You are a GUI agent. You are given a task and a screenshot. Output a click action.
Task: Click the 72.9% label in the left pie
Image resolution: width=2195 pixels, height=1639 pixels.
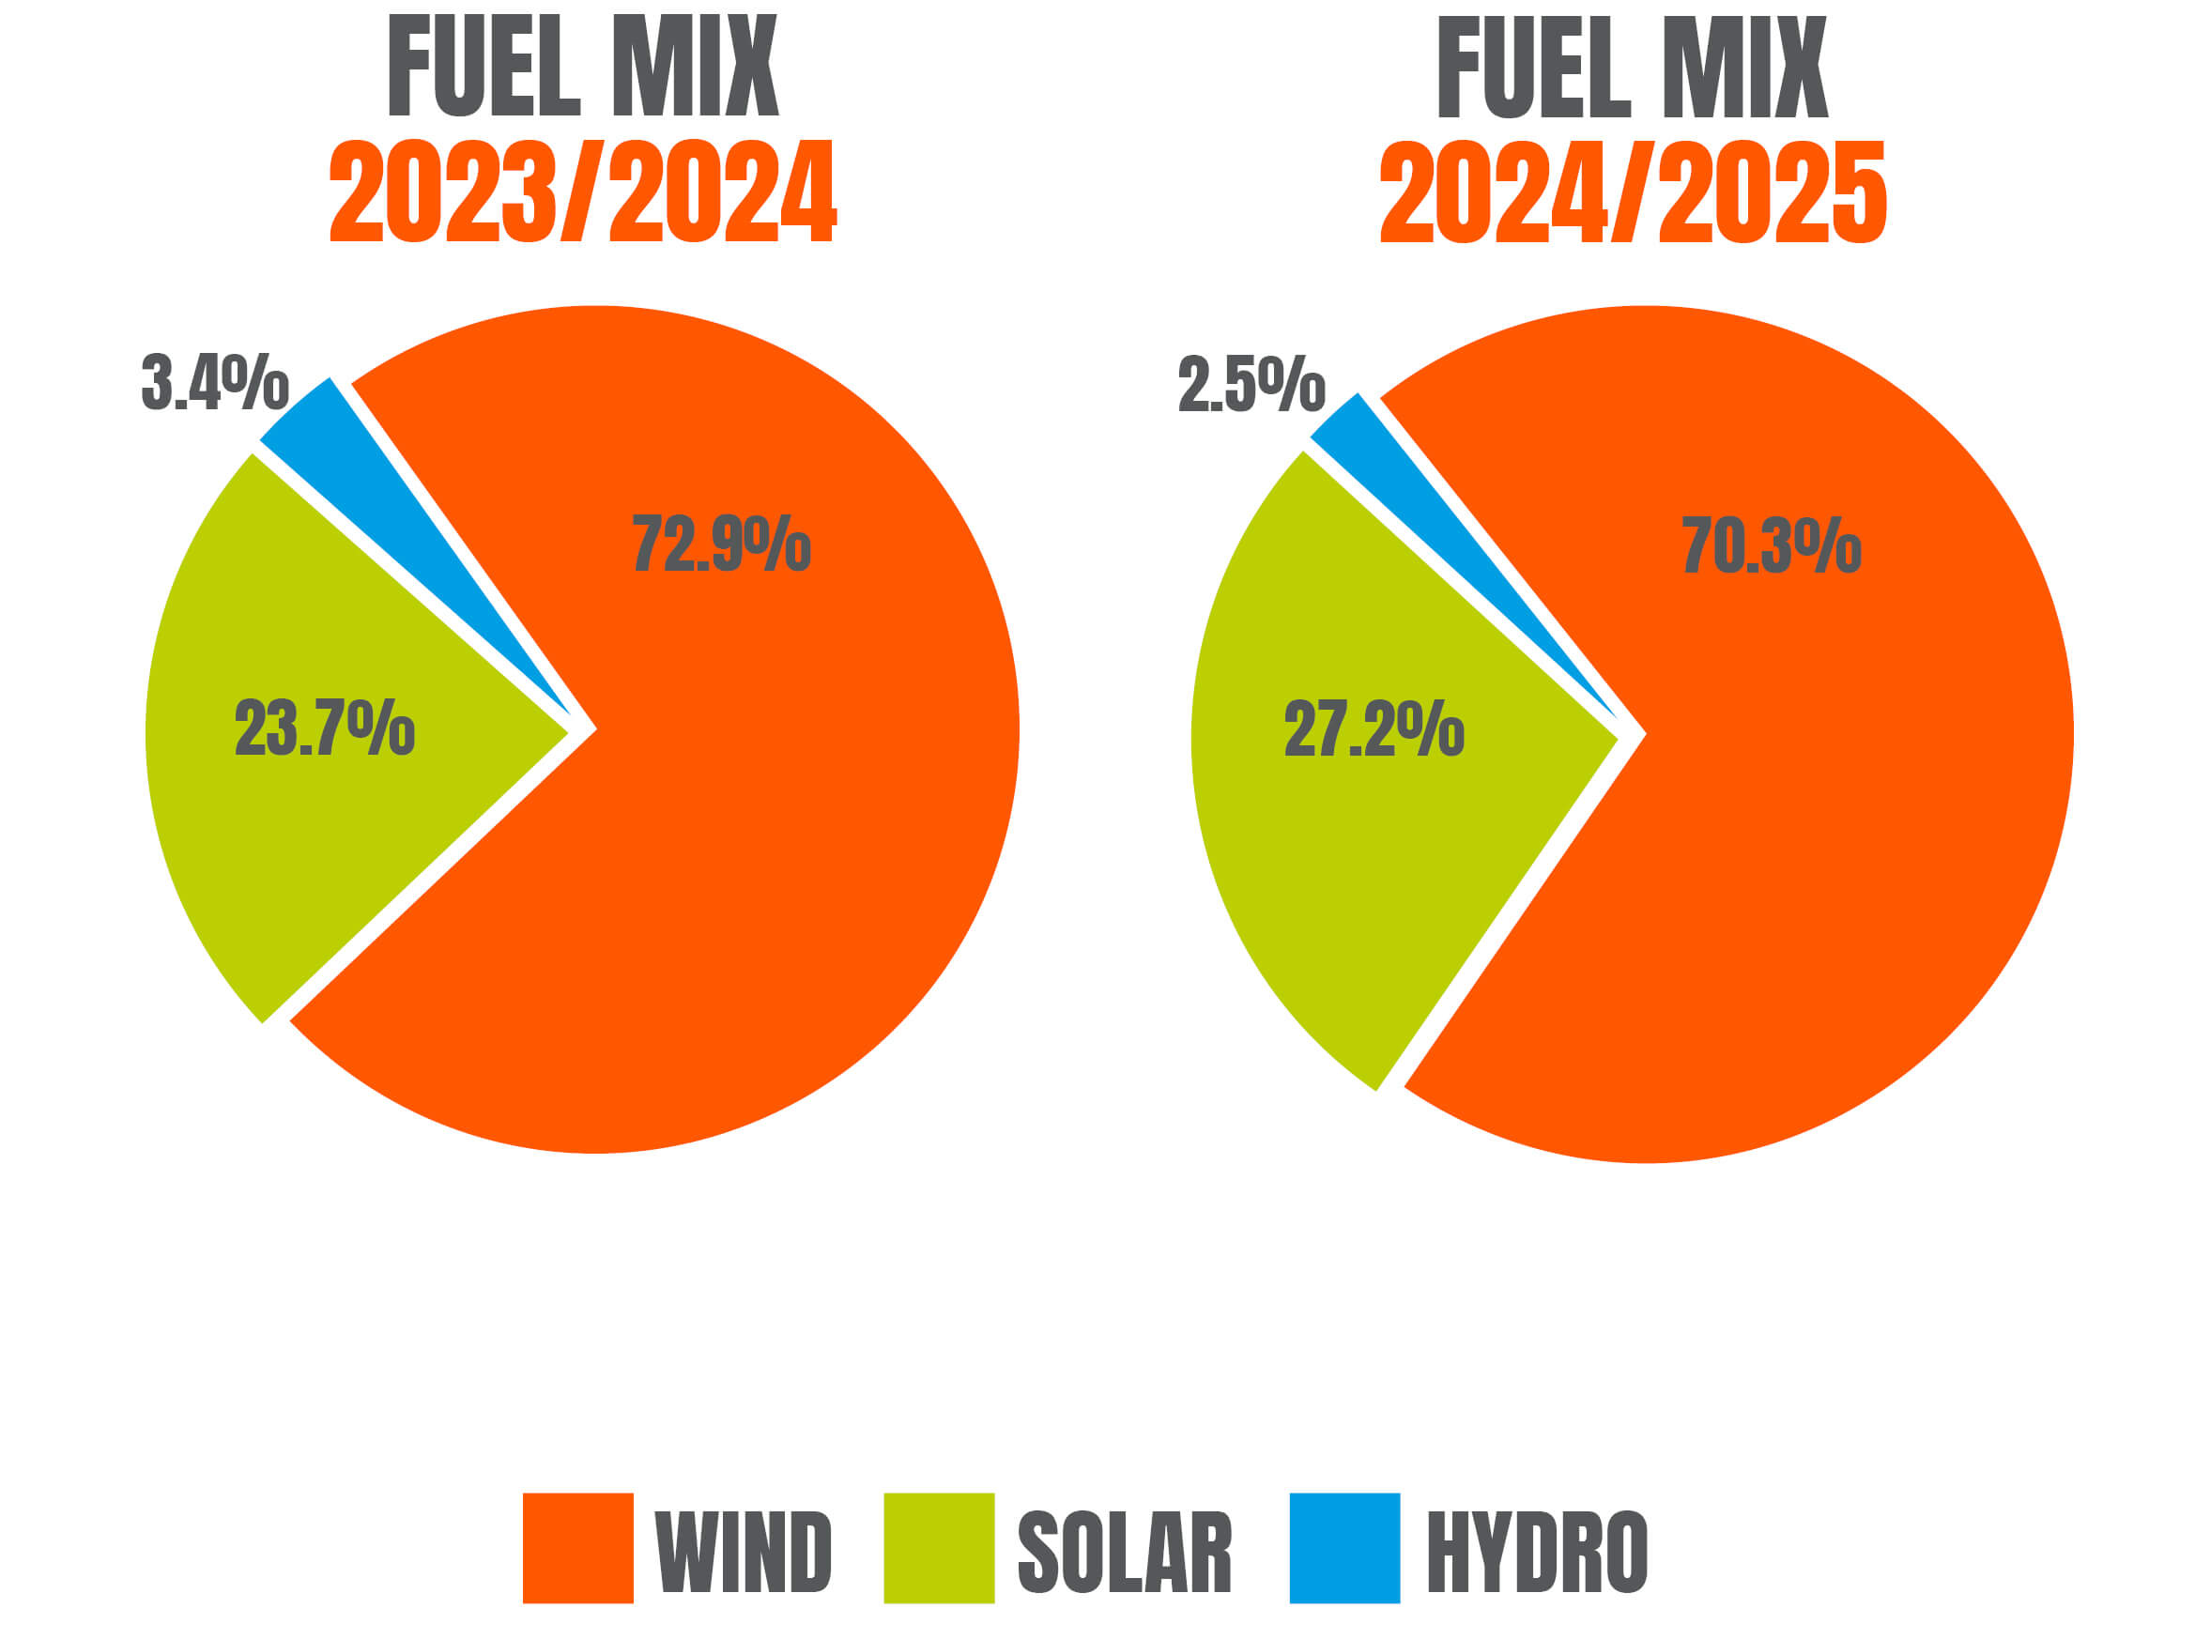coord(721,543)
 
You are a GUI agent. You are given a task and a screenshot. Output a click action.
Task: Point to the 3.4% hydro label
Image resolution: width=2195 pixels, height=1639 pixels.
coord(214,382)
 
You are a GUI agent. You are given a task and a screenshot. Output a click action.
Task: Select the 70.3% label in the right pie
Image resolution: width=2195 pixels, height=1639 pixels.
coord(1772,544)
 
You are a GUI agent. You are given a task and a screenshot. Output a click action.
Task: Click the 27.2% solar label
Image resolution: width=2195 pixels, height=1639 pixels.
coord(1374,728)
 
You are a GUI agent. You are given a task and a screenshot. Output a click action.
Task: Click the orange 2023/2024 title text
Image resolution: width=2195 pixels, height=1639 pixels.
coord(583,191)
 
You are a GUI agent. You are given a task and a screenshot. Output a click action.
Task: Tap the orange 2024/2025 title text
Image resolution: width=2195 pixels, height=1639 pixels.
coord(1634,191)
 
